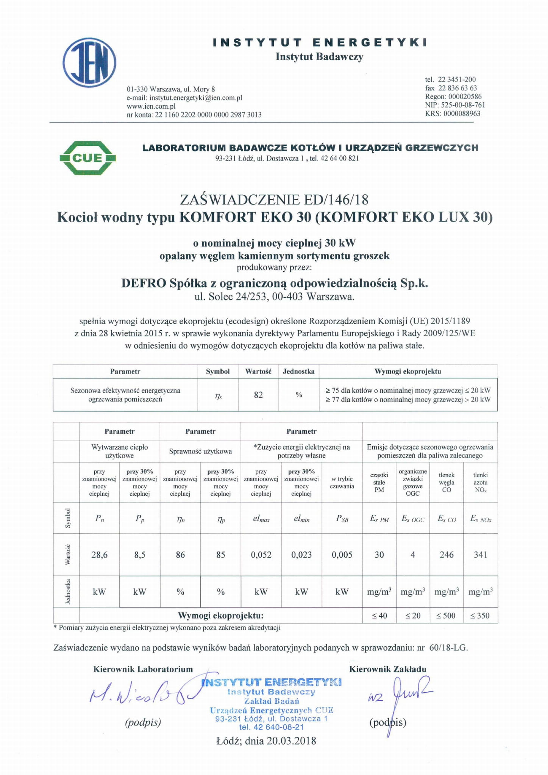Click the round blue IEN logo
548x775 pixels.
click(x=89, y=62)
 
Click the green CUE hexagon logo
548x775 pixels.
click(x=87, y=158)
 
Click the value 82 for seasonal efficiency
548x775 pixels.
click(x=258, y=395)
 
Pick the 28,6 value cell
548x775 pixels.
click(x=99, y=555)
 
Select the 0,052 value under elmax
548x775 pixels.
click(x=261, y=555)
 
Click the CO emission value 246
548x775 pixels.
click(x=447, y=555)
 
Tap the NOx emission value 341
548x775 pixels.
click(x=480, y=555)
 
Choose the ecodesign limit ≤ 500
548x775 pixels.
click(x=447, y=616)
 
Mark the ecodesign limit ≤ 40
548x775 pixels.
click(x=379, y=616)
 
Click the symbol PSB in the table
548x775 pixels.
click(x=342, y=519)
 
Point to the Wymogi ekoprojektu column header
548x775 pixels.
click(x=408, y=371)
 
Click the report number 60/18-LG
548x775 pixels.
click(x=448, y=647)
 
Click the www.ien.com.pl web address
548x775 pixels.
click(x=151, y=106)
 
